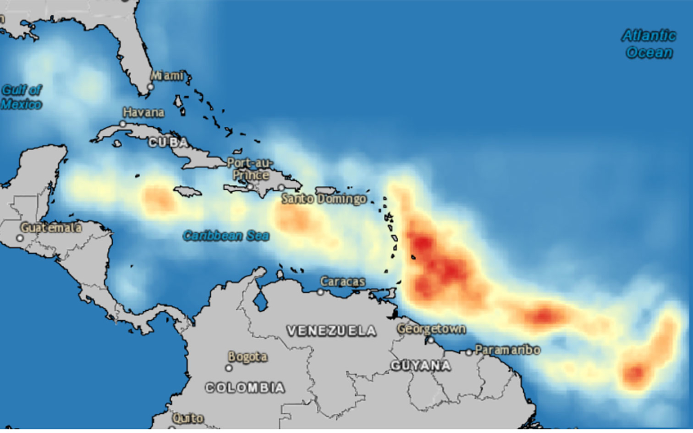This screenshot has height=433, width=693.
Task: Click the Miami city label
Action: [167, 75]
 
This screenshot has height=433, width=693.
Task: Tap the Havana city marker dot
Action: [122, 124]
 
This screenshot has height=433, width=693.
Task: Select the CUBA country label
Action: [168, 142]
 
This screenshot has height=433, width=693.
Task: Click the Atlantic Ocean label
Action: [649, 44]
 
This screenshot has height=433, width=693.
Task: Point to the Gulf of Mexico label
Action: [21, 97]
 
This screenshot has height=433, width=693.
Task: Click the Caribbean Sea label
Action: [226, 236]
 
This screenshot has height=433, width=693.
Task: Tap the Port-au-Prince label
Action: [250, 169]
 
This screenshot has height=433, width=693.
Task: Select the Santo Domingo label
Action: [324, 199]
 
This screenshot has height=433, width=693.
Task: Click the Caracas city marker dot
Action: [320, 292]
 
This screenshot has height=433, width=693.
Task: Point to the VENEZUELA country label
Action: [331, 331]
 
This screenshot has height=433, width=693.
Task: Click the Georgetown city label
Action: [432, 329]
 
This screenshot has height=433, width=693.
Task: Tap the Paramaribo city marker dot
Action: [469, 353]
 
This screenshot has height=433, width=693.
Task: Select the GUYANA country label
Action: [420, 366]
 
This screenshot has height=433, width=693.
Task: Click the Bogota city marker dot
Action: [229, 368]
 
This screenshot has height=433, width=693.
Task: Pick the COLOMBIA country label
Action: [245, 388]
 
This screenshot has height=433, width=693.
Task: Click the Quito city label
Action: [188, 418]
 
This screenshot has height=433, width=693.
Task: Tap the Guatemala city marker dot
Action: [19, 238]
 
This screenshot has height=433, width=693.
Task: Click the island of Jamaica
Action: [188, 191]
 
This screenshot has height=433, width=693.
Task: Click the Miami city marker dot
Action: [150, 86]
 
